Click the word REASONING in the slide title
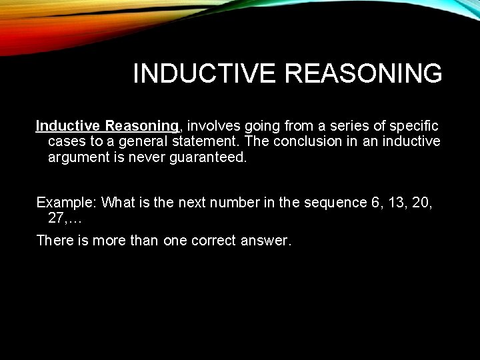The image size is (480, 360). [363, 74]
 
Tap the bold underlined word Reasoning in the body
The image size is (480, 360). [141, 126]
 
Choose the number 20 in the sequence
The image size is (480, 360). [422, 203]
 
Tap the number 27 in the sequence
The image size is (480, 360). [58, 219]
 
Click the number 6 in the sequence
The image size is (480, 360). [374, 203]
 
